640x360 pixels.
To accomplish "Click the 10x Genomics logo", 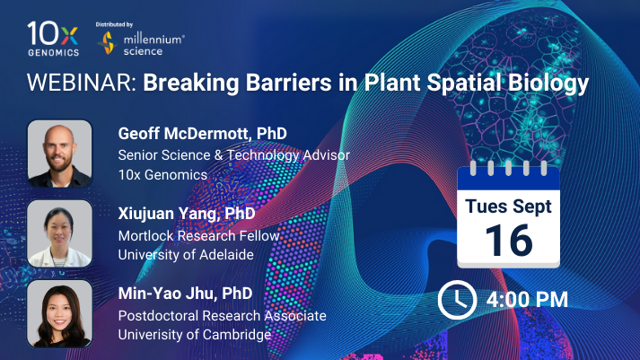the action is point(53,39).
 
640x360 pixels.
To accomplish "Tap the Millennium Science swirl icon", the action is point(108,43).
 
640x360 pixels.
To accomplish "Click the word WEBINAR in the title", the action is point(82,83).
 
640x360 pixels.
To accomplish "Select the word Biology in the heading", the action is point(548,83).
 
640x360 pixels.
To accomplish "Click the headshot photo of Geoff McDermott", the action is point(59,154).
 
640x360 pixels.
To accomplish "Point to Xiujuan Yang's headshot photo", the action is point(59,233).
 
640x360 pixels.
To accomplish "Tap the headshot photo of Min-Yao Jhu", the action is point(59,313).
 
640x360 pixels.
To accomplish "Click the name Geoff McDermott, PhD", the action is point(203,134).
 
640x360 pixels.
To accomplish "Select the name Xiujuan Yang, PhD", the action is point(187,214).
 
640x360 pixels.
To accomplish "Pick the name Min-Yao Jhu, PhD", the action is point(185,294).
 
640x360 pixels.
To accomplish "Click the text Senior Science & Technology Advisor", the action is point(234,155).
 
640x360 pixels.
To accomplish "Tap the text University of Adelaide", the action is point(186,255).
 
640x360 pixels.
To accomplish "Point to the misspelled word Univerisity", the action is point(149,335).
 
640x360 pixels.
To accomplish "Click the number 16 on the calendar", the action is point(509,241).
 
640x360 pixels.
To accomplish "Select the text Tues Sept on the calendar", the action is point(508,206).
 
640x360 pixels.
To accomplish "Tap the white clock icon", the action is point(457,300).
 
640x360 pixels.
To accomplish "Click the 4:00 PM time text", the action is point(527,300).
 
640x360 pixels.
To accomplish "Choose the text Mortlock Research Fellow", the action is point(198,235).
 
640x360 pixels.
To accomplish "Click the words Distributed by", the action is point(114,24).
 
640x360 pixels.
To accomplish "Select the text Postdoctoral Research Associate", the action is point(222,315).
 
